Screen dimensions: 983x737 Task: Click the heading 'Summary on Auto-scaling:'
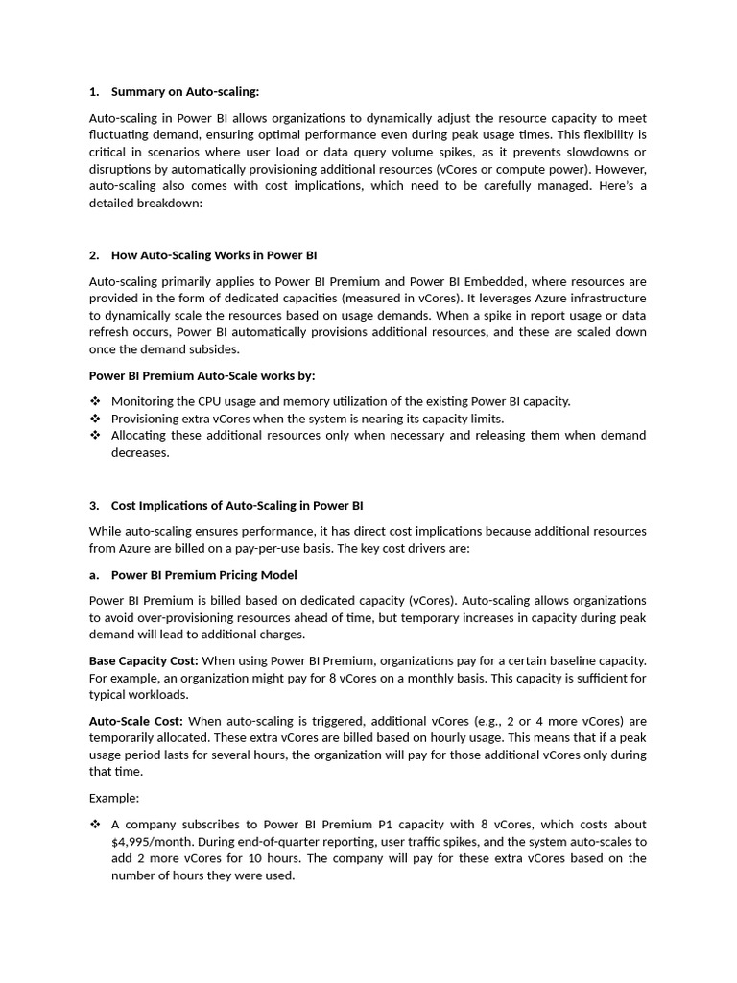point(185,92)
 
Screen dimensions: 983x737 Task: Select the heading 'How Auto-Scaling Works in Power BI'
point(214,255)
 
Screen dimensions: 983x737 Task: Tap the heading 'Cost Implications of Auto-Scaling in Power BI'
point(237,505)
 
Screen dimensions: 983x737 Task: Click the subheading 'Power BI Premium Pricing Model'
point(203,575)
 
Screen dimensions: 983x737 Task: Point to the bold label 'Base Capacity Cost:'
point(143,661)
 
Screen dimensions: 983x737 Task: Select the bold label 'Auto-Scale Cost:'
point(136,721)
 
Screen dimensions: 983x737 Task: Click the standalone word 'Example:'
point(114,798)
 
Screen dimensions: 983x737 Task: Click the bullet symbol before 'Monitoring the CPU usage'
point(95,401)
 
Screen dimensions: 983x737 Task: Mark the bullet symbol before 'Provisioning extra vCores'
point(95,419)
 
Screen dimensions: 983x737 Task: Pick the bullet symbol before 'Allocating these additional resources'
point(95,435)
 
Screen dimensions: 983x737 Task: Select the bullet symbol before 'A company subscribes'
point(95,825)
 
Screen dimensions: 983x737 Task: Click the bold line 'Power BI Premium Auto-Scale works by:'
point(202,375)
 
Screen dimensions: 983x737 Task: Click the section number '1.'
point(94,92)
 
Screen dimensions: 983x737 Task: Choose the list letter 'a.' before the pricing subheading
point(94,575)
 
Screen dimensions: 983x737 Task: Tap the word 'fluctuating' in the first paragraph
point(121,135)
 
